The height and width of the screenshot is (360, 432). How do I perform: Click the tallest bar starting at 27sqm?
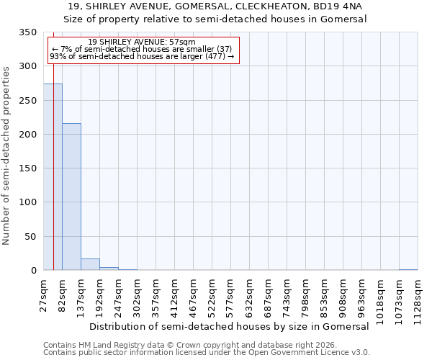(53, 177)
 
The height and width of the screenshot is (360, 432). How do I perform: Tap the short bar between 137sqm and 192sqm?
(90, 264)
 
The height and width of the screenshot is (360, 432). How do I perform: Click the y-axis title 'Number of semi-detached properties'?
(7, 156)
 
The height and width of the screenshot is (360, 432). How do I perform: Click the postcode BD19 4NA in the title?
(338, 6)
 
